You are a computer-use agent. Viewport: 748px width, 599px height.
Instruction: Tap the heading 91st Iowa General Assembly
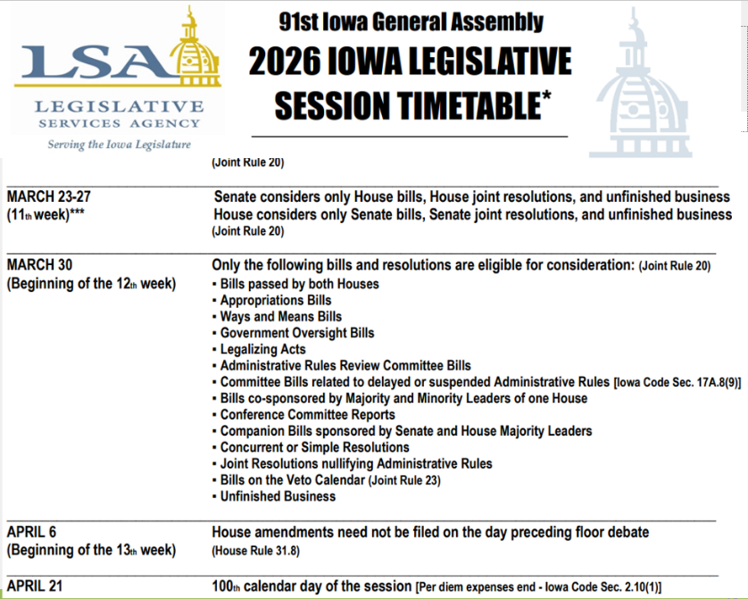point(411,21)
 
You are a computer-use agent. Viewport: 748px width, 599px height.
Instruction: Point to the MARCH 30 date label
point(40,266)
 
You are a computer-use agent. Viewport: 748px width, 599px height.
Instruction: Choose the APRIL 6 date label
point(32,532)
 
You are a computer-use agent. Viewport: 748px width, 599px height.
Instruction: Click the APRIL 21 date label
point(36,586)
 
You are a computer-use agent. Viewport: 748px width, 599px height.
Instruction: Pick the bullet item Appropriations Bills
point(275,300)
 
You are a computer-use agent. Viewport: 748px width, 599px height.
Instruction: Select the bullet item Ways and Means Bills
point(280,316)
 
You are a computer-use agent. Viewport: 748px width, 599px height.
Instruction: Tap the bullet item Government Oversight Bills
point(296,333)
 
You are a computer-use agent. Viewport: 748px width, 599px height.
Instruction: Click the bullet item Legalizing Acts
point(262,349)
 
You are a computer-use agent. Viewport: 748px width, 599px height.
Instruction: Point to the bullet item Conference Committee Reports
point(307,414)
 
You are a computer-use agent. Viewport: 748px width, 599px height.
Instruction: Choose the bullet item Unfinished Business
point(278,496)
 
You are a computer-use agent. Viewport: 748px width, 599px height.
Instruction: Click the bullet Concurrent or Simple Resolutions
point(314,447)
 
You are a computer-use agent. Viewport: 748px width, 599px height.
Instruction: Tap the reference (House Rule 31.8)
point(255,551)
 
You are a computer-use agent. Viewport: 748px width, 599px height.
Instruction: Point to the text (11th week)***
point(46,215)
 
